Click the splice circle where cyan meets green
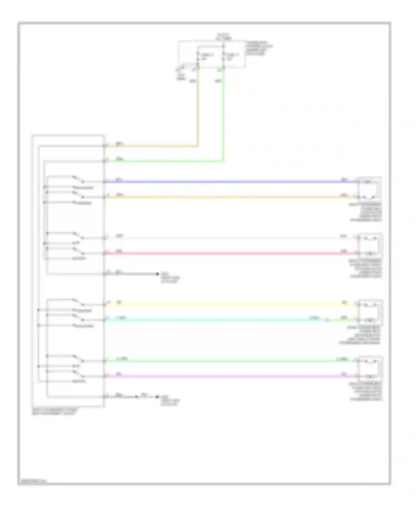pos(327,320)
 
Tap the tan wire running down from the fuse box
pos(198,111)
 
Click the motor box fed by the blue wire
pos(369,189)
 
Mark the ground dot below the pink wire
pos(157,274)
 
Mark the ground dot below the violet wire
pos(157,397)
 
